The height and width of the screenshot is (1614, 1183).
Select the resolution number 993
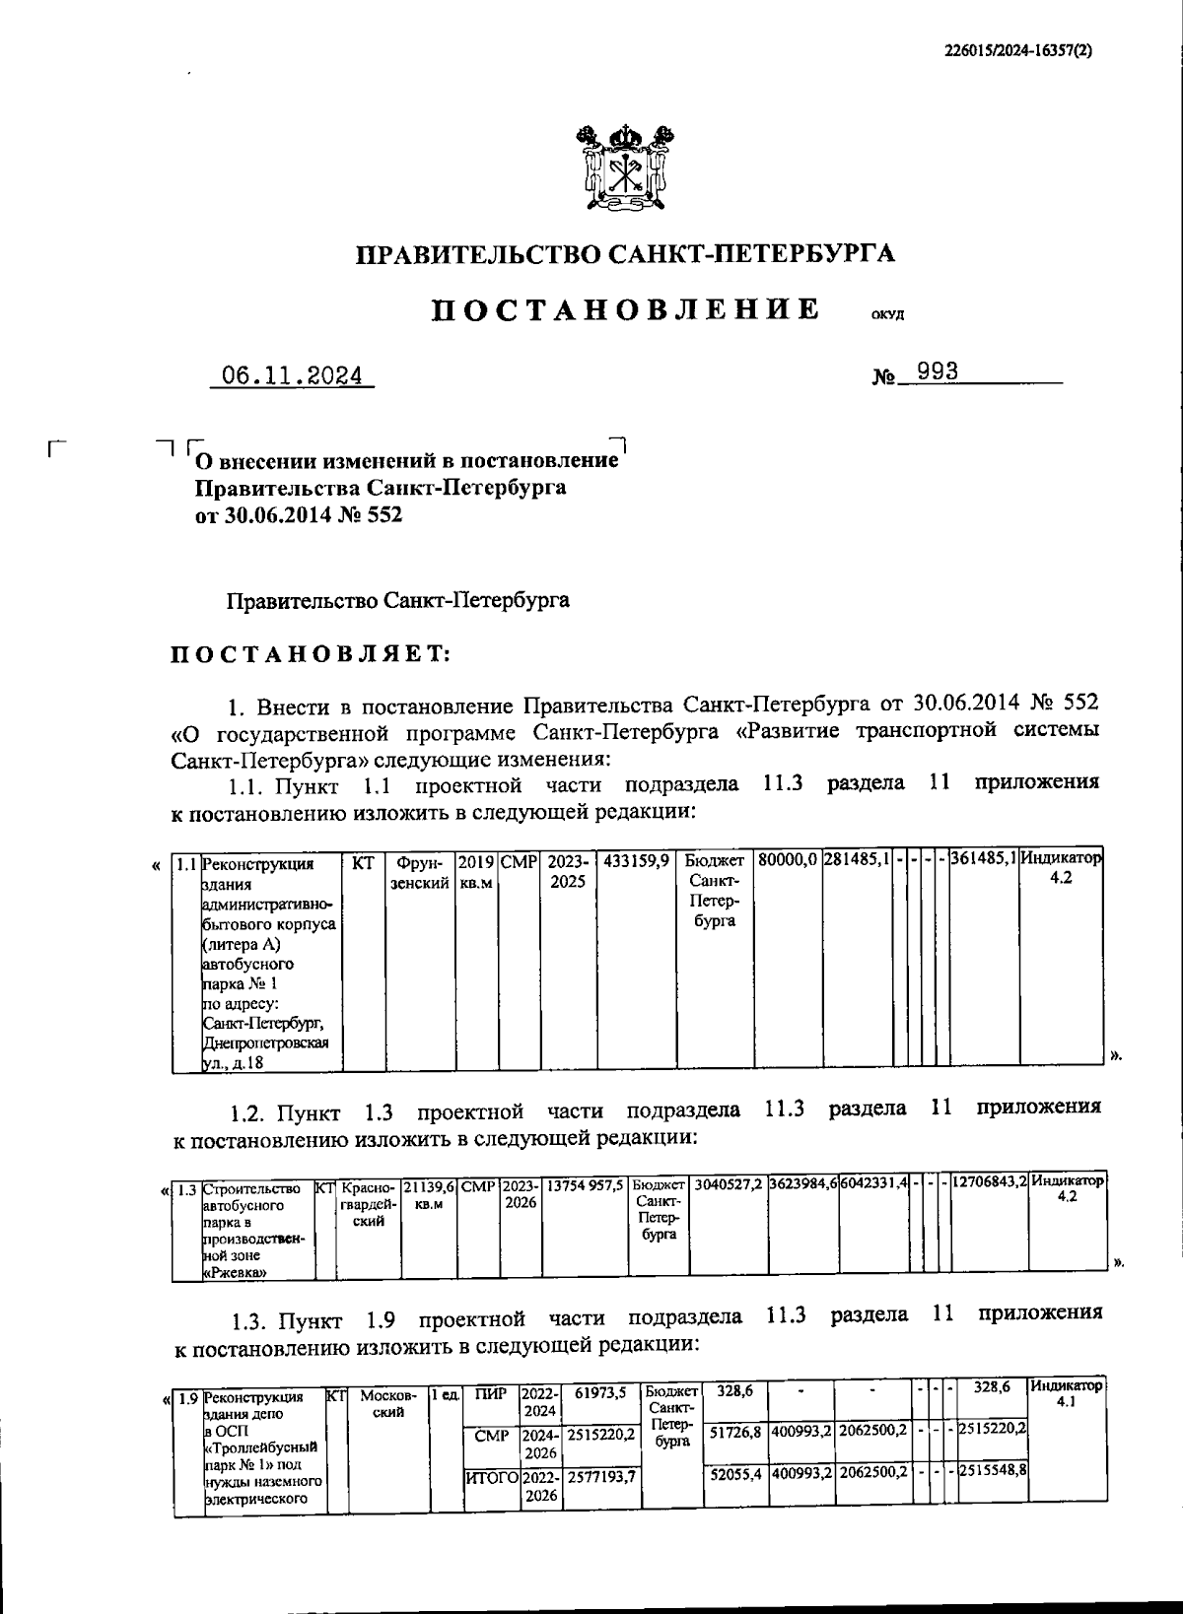click(x=938, y=372)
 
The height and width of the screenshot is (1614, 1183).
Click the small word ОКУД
click(x=886, y=316)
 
